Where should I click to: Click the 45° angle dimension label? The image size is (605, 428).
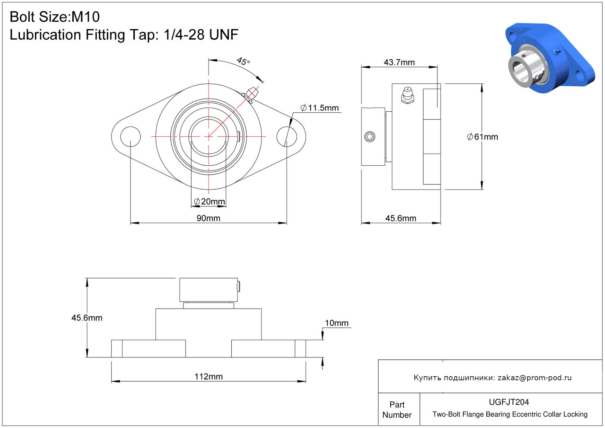pyautogui.click(x=243, y=61)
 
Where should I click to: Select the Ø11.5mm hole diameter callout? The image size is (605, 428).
pyautogui.click(x=320, y=108)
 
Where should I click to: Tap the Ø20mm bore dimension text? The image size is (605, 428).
pyautogui.click(x=209, y=201)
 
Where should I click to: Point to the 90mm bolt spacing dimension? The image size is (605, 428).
pyautogui.click(x=208, y=218)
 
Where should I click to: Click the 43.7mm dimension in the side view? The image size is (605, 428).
pyautogui.click(x=399, y=62)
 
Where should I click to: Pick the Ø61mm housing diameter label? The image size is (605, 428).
pyautogui.click(x=482, y=137)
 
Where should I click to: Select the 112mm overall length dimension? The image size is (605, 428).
pyautogui.click(x=209, y=377)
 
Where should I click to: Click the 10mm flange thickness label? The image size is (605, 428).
pyautogui.click(x=336, y=323)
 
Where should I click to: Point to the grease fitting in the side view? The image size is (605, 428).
pyautogui.click(x=407, y=96)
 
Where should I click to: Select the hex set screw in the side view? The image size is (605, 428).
pyautogui.click(x=370, y=136)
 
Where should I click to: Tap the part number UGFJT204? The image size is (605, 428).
pyautogui.click(x=509, y=402)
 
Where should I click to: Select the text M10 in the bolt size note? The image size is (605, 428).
pyautogui.click(x=85, y=17)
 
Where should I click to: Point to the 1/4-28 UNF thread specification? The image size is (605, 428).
pyautogui.click(x=201, y=35)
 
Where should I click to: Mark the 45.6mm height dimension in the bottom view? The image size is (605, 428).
pyautogui.click(x=87, y=318)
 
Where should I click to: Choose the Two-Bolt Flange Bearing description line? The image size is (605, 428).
pyautogui.click(x=510, y=414)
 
